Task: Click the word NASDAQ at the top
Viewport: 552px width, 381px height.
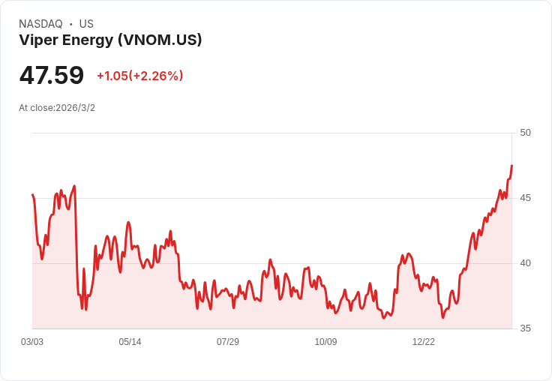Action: (40, 24)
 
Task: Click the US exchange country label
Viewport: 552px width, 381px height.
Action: (86, 24)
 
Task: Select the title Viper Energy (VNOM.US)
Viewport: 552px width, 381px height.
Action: (110, 40)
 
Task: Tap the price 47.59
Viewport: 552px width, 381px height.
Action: (52, 76)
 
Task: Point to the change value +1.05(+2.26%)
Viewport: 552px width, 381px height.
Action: (139, 76)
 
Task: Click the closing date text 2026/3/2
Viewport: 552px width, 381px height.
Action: (75, 108)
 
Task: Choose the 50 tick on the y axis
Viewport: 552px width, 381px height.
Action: (525, 133)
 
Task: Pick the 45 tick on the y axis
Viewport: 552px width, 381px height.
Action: (525, 198)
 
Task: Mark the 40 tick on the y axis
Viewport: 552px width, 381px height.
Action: (525, 263)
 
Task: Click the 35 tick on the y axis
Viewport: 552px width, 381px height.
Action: (525, 328)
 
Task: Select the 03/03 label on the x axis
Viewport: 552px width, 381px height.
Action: (32, 342)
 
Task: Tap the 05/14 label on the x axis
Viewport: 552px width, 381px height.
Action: (130, 342)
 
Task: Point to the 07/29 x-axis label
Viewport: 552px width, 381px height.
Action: (228, 342)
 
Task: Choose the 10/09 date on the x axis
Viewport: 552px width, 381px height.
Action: (325, 342)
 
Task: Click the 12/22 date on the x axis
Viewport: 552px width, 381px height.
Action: (424, 342)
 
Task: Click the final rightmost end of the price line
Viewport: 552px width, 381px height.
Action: (511, 166)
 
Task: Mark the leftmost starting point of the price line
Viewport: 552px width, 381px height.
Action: (32, 195)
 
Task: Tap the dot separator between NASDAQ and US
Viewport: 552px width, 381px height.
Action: (70, 24)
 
